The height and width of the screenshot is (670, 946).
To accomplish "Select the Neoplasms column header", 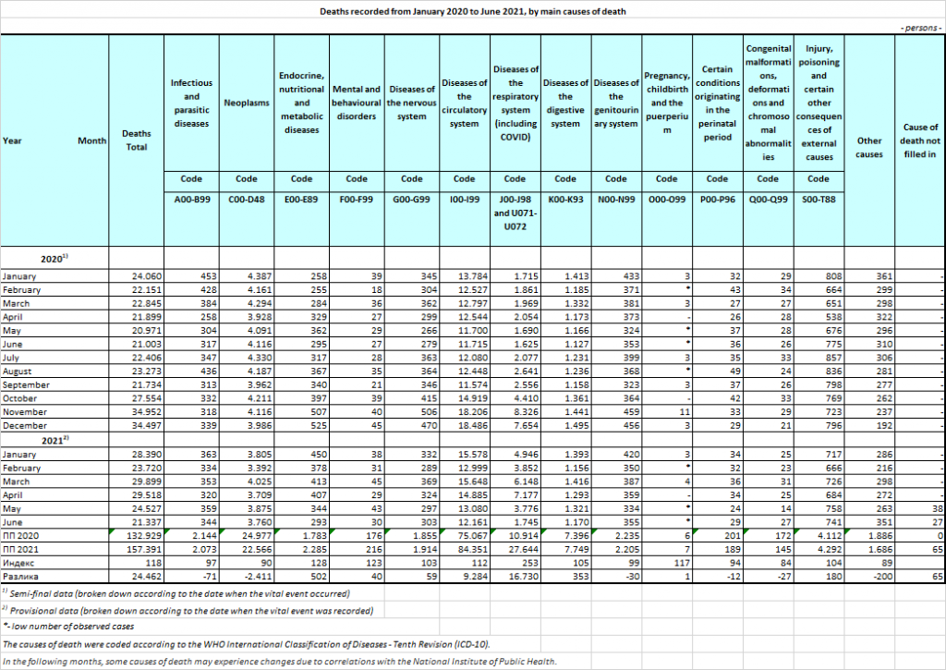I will click(247, 103).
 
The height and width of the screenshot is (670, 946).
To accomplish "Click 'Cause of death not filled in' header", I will click(918, 140).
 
